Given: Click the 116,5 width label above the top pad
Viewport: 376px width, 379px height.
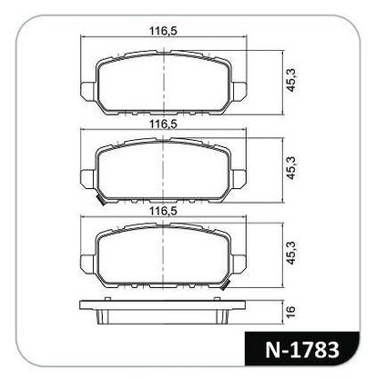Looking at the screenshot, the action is click(163, 31).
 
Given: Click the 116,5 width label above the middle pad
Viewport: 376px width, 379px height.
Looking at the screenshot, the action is click(163, 124).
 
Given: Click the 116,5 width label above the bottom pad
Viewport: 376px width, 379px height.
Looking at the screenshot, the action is click(163, 211).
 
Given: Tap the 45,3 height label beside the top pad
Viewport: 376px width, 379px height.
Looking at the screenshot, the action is click(291, 80).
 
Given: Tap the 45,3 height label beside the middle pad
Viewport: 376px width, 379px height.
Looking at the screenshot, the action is click(291, 168).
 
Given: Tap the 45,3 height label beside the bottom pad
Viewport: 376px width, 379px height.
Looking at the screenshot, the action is click(291, 253).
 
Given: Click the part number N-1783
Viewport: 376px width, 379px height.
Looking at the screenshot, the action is click(302, 350).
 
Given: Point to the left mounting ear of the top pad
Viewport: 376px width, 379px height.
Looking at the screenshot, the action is click(88, 90).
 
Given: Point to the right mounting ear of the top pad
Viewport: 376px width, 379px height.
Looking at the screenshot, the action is click(239, 90).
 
